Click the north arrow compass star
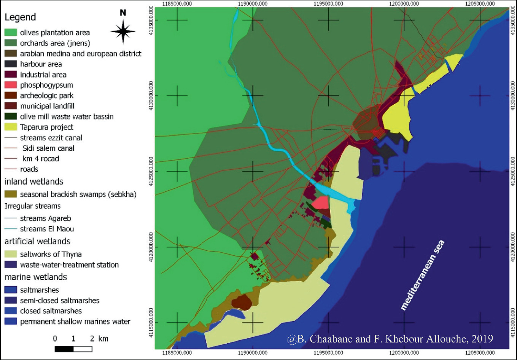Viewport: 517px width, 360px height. coord(123,32)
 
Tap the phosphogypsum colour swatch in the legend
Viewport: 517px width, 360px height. coord(11,85)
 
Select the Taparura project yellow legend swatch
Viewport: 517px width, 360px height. coord(11,127)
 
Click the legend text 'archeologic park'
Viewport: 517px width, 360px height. coord(46,96)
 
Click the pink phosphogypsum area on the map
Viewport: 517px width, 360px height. coord(321,202)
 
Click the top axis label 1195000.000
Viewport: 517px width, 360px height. coord(328,4)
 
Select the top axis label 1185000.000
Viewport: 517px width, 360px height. coord(177,4)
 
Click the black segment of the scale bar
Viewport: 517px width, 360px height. coord(64,349)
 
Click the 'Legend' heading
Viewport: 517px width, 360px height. coord(20,17)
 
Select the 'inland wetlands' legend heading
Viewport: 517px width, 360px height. coord(34,182)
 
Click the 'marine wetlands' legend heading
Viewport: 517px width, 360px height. coord(36,277)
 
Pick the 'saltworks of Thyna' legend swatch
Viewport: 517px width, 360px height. coord(11,254)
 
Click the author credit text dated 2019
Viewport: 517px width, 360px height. coord(390,339)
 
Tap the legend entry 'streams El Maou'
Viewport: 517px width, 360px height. coord(47,229)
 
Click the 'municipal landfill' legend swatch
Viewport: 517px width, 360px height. coord(11,106)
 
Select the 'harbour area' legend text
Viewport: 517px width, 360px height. coord(41,64)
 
